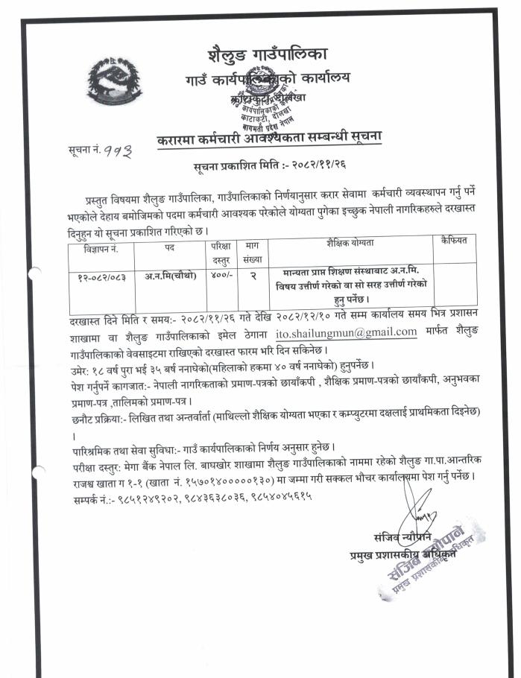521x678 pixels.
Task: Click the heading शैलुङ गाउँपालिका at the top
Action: click(266, 55)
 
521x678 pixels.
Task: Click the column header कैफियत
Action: click(452, 241)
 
